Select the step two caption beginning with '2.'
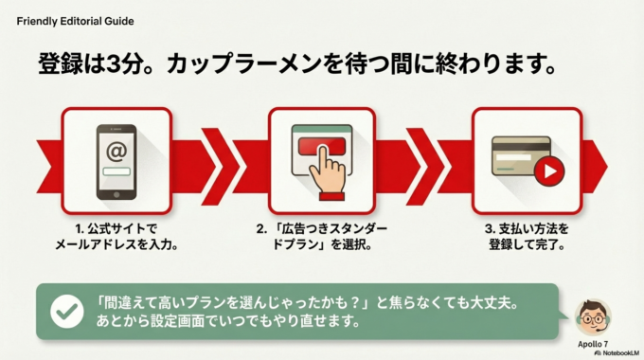322,236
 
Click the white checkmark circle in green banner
66,310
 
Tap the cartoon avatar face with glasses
593,315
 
